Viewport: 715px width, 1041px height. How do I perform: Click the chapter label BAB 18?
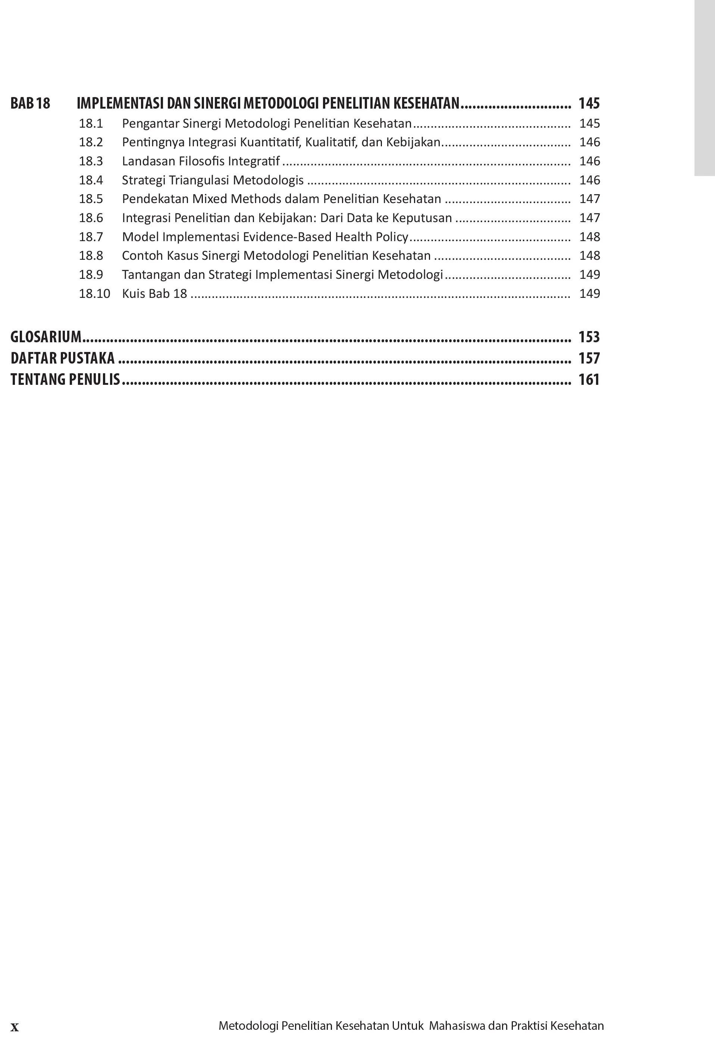coord(30,103)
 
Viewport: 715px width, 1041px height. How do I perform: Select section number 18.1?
coord(91,123)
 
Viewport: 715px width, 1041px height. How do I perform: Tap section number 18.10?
coord(94,294)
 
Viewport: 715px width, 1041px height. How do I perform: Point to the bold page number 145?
coord(589,103)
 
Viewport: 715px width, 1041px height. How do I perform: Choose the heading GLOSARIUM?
coord(46,337)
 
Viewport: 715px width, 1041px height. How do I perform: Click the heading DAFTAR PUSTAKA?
coord(62,358)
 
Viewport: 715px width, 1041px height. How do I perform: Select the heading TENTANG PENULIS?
coord(65,380)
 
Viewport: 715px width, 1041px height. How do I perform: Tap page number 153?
coord(589,337)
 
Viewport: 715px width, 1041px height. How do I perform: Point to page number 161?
coord(589,380)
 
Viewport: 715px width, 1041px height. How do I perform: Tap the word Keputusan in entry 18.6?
coord(421,218)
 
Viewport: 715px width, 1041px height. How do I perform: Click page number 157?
coord(589,358)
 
